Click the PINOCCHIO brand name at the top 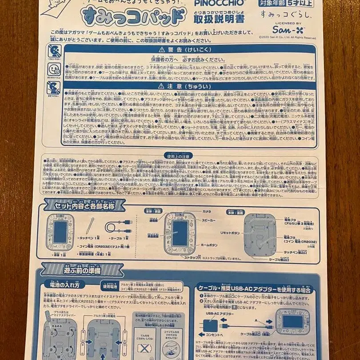213,3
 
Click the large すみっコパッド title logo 133,16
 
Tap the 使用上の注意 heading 178,156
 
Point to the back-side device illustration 260,234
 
